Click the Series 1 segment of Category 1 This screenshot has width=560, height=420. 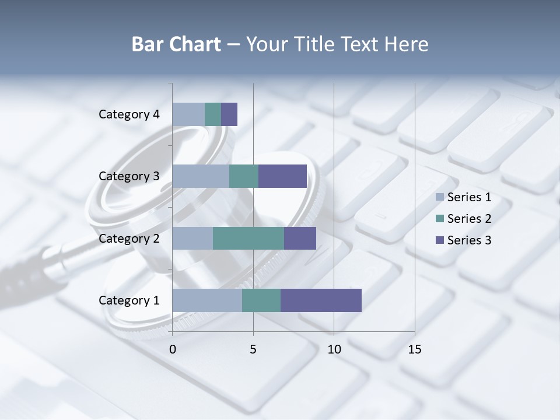[x=207, y=300]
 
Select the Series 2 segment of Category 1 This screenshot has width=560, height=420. [x=261, y=300]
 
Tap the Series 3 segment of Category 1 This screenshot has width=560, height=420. [x=321, y=300]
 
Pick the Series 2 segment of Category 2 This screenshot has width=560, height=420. [x=249, y=238]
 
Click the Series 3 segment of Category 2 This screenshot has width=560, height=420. [x=300, y=238]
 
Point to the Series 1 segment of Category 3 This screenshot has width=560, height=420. [x=201, y=176]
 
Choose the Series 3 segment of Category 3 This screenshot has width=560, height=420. [x=282, y=176]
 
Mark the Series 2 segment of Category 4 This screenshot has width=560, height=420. [x=213, y=114]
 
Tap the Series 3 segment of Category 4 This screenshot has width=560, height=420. [x=229, y=114]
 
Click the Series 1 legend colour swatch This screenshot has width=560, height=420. [x=440, y=197]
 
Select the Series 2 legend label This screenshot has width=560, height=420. [x=469, y=219]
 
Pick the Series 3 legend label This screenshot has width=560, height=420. [x=469, y=240]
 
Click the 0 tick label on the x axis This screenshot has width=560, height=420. [x=173, y=349]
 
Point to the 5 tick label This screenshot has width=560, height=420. [x=253, y=349]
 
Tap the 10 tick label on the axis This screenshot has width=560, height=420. [x=334, y=349]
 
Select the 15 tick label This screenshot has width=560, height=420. [x=414, y=349]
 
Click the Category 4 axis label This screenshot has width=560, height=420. [x=129, y=114]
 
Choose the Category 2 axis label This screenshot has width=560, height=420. [x=129, y=238]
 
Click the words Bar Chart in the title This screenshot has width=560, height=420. [x=176, y=44]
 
